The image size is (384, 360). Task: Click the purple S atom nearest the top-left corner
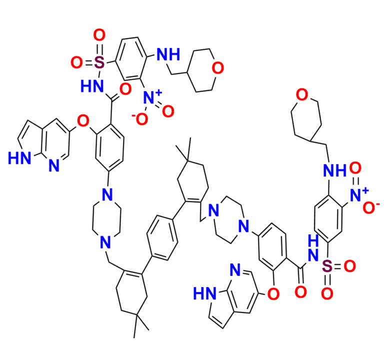pyautogui.click(x=99, y=62)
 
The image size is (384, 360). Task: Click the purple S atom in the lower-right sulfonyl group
pyautogui.click(x=327, y=266)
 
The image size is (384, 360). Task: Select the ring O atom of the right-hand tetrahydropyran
pyautogui.click(x=301, y=93)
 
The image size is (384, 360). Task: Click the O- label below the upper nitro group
pyautogui.click(x=138, y=118)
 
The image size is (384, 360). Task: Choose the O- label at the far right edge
pyautogui.click(x=371, y=209)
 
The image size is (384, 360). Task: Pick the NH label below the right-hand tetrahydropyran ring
pyautogui.click(x=334, y=171)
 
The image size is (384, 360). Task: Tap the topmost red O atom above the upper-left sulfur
pyautogui.click(x=99, y=35)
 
